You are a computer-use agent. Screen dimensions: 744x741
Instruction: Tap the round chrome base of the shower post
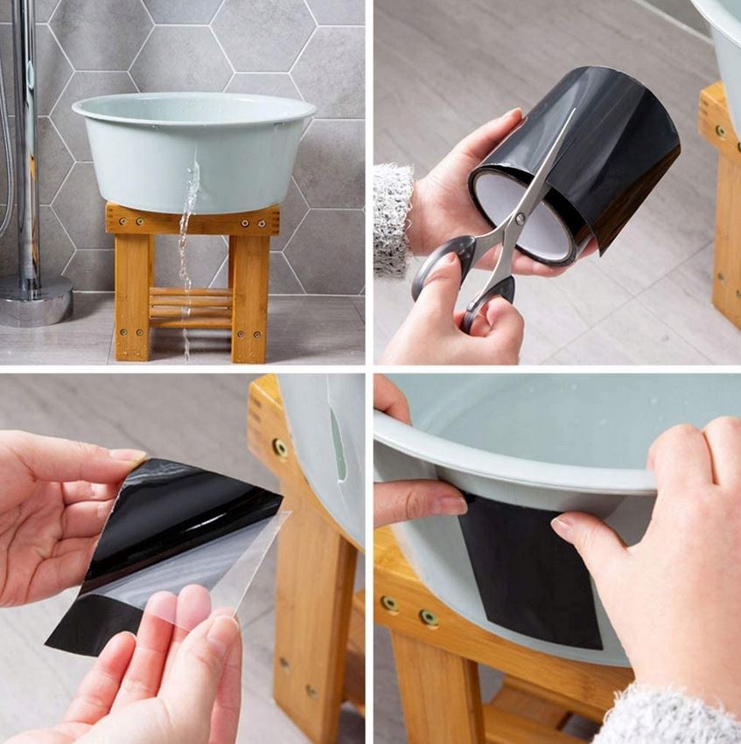point(35,301)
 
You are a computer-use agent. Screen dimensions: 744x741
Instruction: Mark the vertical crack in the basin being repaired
point(338,447)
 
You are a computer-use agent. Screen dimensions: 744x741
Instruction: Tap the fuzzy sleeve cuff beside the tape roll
point(393,219)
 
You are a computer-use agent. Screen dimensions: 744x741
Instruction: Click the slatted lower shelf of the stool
point(192,307)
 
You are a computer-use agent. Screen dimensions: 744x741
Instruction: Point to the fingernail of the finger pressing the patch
point(563,527)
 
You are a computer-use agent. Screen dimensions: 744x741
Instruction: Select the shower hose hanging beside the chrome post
point(7,175)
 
